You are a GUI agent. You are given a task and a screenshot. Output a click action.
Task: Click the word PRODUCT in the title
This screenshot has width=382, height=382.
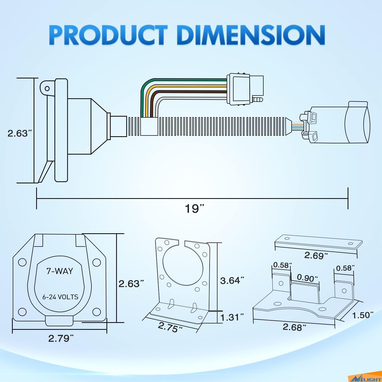click(x=108, y=35)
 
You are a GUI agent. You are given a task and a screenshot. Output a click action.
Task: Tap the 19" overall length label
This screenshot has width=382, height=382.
click(x=195, y=209)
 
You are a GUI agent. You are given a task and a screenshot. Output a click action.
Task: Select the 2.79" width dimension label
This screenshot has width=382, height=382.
click(x=61, y=338)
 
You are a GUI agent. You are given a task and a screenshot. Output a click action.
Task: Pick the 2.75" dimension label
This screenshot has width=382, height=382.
click(x=170, y=327)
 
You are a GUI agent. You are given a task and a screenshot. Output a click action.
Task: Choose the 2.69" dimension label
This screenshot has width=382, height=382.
click(x=316, y=255)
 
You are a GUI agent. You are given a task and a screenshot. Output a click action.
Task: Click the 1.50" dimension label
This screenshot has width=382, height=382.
click(x=363, y=315)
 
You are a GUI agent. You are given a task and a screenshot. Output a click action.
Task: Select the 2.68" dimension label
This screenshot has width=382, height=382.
click(x=294, y=327)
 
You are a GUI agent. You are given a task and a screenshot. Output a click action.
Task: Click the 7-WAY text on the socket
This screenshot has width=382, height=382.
click(x=60, y=271)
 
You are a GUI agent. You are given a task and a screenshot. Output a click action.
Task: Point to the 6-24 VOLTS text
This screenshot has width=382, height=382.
click(x=60, y=297)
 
